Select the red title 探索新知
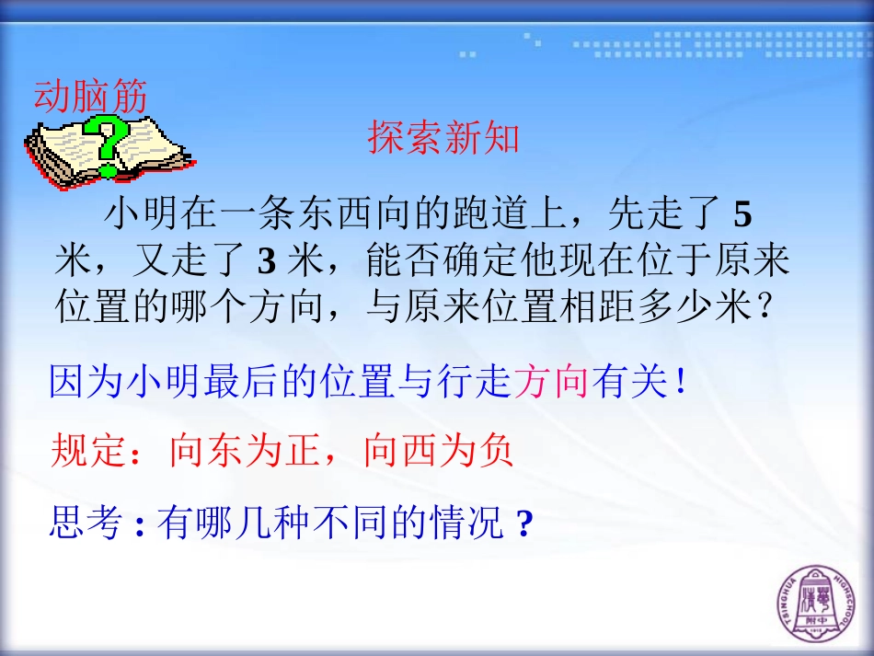point(444,138)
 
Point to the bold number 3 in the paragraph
point(266,262)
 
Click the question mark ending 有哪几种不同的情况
point(525,524)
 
